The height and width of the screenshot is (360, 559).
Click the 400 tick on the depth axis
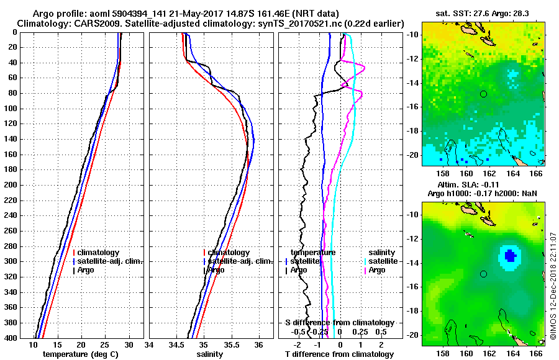(x=12, y=338)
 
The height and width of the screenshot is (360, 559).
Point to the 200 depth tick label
(x=12, y=185)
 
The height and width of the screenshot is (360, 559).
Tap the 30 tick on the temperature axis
(x=129, y=345)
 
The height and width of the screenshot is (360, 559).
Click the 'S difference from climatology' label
(x=339, y=323)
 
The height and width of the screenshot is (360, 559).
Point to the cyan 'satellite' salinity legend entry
(x=383, y=261)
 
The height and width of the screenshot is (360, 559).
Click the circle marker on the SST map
(x=484, y=94)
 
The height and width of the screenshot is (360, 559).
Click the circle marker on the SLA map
(x=484, y=274)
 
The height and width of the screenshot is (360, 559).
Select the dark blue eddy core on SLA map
(x=510, y=255)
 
